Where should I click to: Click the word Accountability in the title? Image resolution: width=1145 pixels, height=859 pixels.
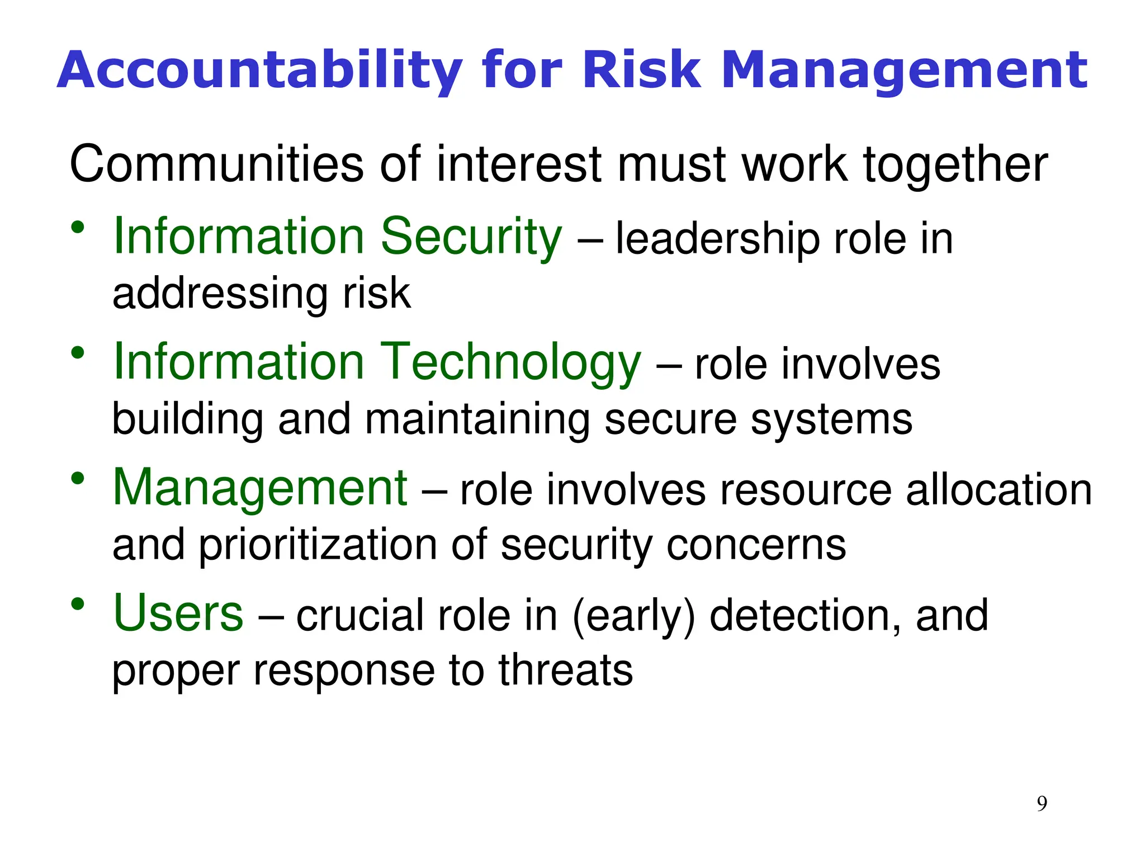(259, 71)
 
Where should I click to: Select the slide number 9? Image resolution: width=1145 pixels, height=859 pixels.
(1042, 804)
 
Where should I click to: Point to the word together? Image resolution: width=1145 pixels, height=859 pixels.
(955, 165)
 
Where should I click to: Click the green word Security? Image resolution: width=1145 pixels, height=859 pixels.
(471, 237)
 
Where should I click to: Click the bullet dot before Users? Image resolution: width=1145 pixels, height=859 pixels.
(78, 604)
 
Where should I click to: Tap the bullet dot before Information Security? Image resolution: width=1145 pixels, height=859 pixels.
(78, 227)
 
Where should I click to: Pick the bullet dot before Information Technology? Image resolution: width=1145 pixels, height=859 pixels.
(78, 353)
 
